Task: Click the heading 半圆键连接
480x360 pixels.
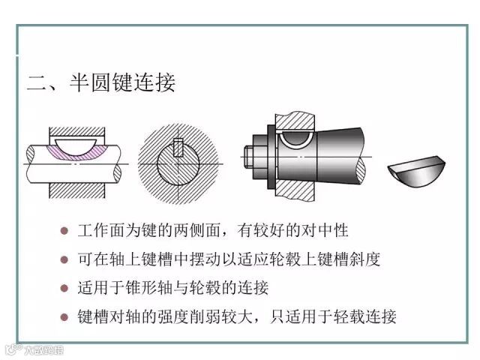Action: [x=123, y=82]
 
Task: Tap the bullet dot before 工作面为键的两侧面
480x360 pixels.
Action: [x=64, y=230]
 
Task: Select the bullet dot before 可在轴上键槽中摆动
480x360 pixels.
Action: [x=64, y=259]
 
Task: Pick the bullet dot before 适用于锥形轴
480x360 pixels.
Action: [x=64, y=288]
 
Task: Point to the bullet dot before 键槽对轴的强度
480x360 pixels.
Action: [x=64, y=316]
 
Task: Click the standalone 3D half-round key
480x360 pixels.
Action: [x=416, y=172]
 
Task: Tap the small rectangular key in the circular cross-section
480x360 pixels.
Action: [x=178, y=147]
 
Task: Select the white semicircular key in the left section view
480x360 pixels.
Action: [x=76, y=146]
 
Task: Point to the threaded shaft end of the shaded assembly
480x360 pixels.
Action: [x=248, y=157]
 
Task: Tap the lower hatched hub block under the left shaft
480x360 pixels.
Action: [x=77, y=190]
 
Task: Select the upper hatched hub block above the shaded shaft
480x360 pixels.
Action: [x=295, y=121]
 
